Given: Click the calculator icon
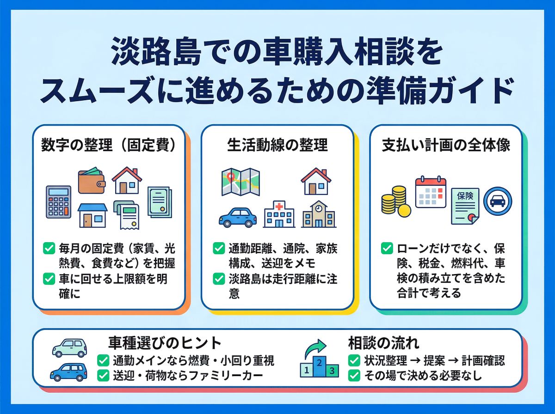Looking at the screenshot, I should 58,201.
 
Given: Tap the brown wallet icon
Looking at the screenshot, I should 91,181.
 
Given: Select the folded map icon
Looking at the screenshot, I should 240,182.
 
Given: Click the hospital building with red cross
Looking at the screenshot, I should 279,214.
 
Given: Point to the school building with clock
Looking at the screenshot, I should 319,214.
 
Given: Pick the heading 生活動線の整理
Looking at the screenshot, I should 277,145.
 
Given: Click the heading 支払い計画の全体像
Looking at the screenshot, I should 446,145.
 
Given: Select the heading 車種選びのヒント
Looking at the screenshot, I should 165,343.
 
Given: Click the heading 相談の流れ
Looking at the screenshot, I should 384,343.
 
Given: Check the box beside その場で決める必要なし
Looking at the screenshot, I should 354,376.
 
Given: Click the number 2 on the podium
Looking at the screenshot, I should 318,364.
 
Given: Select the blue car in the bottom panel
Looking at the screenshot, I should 68,371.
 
